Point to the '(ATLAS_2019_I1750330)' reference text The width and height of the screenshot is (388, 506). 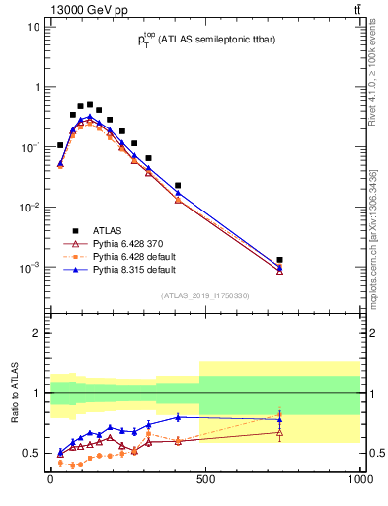(x=203, y=295)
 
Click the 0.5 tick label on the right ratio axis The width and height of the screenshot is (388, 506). (x=372, y=454)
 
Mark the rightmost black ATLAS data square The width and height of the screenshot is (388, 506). (x=280, y=260)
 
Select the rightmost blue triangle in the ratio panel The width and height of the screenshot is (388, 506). (x=280, y=420)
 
